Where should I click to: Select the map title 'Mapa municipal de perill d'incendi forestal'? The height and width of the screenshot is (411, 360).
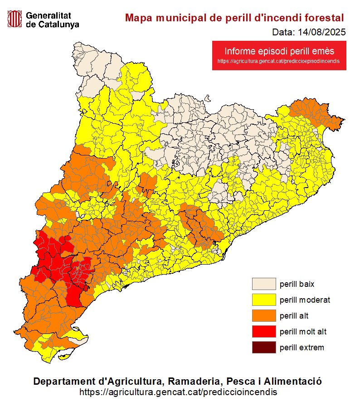coord(234,18)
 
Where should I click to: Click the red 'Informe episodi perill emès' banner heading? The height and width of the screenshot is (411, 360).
coord(279,51)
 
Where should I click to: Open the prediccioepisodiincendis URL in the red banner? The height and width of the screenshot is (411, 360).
coord(279,61)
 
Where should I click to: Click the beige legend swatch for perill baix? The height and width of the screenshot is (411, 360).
coord(264,284)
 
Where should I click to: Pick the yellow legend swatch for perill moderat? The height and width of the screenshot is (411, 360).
coord(264,300)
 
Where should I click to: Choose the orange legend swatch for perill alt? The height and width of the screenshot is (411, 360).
coord(264,316)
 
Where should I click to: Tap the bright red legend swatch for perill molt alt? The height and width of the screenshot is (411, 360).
coord(264,332)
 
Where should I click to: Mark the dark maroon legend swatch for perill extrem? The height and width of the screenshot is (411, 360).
coord(264,348)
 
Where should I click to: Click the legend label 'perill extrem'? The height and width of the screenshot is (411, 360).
coord(302,348)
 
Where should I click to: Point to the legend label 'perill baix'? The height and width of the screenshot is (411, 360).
coord(297,284)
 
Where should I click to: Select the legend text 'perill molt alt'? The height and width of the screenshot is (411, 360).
coord(303,332)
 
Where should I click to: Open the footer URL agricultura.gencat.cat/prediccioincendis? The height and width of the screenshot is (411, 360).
coord(178,392)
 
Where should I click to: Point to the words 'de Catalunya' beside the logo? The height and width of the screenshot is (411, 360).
coord(52,24)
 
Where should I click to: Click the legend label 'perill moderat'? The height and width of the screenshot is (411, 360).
coord(305,300)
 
